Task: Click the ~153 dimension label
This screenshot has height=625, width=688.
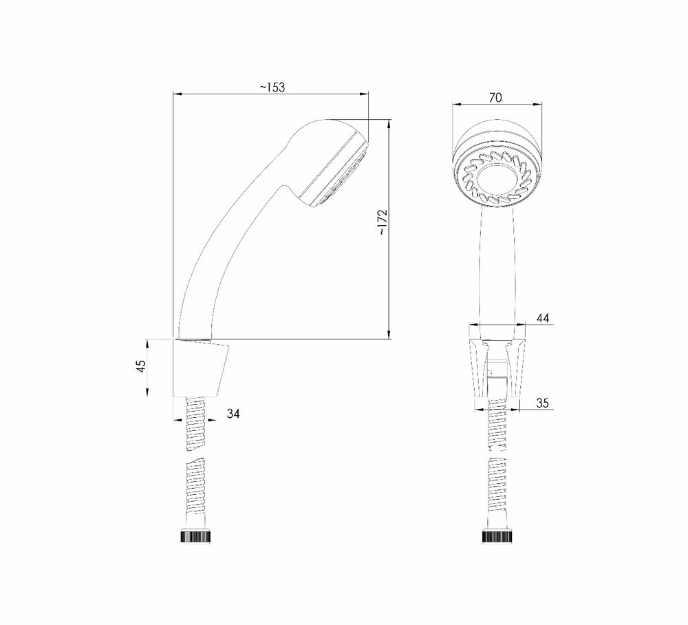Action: point(272,87)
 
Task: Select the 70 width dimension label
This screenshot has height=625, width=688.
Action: point(495,98)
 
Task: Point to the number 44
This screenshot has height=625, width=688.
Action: point(543,318)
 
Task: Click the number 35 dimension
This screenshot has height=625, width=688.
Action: point(542,403)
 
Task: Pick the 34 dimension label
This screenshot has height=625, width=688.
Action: point(233,414)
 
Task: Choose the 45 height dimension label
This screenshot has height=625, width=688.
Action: point(141,367)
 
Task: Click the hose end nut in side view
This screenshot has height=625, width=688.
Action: point(195,536)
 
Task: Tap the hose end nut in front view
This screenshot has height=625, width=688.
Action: point(497,536)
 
